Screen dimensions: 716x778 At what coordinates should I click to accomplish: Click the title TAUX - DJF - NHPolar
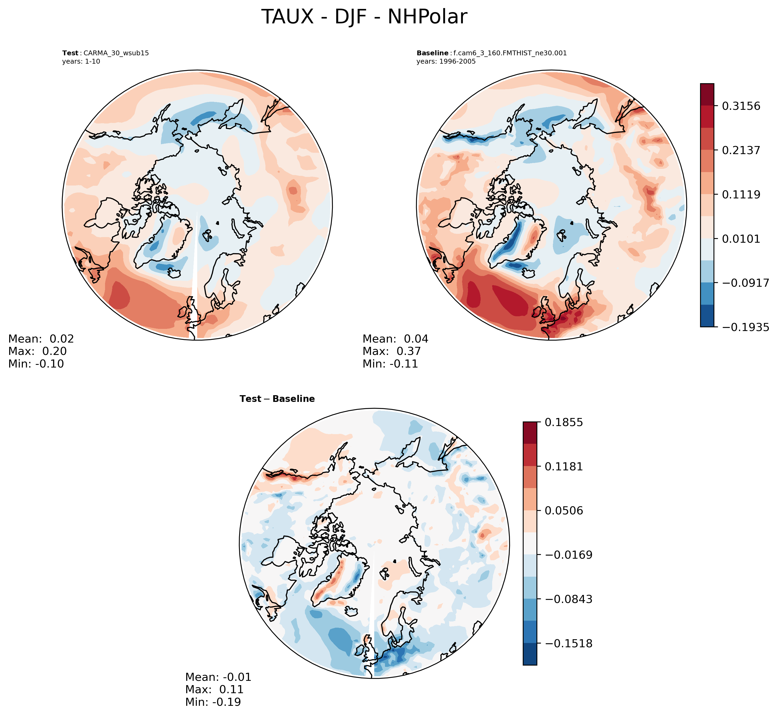pos(364,17)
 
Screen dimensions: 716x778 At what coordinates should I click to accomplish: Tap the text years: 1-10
pos(81,61)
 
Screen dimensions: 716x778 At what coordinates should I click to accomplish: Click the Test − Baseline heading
pos(277,399)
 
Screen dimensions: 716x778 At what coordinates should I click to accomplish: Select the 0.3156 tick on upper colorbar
pos(741,106)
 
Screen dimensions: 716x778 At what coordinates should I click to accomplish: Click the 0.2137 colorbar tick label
pos(741,150)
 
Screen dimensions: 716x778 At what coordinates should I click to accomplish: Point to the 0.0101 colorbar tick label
pos(741,239)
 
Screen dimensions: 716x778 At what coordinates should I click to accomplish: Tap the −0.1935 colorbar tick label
pos(745,327)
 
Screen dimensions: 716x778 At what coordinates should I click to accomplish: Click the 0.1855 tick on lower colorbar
pos(564,422)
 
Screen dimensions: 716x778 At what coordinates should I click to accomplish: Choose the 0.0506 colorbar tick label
pos(564,511)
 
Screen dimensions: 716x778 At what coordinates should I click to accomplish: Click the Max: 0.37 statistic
pos(391,351)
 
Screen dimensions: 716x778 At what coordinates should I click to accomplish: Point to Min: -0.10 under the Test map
pos(36,364)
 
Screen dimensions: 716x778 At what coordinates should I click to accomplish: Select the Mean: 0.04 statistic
pos(395,339)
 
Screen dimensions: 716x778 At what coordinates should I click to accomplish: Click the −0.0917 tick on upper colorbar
pos(745,283)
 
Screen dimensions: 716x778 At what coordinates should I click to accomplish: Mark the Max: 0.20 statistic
pos(37,351)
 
